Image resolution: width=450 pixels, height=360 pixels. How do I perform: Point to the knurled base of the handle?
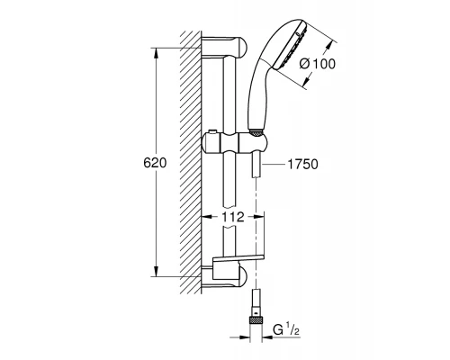[x=259, y=134]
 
